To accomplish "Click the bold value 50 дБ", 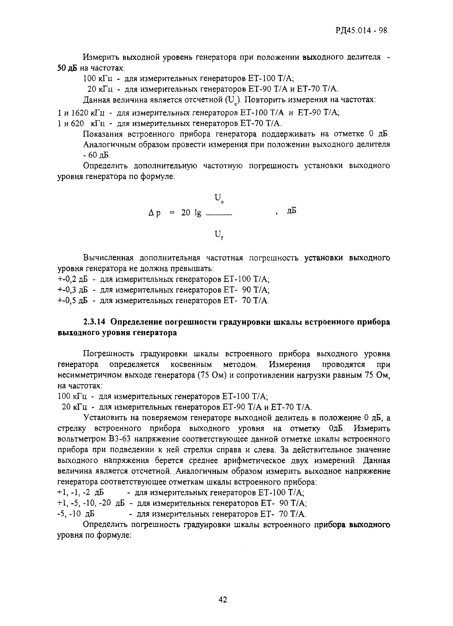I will pos(67,68).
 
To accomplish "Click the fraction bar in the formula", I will pos(219,215).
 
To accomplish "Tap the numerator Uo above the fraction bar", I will pos(219,198).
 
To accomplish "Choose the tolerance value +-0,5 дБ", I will pos(72,300).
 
